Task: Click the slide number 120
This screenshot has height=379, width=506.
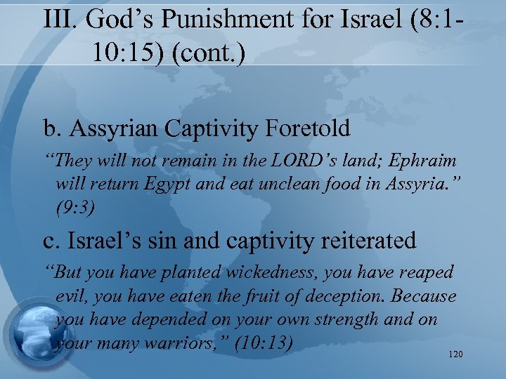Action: (x=455, y=355)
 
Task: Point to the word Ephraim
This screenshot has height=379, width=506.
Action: (x=426, y=161)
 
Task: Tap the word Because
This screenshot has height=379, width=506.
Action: (x=422, y=296)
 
